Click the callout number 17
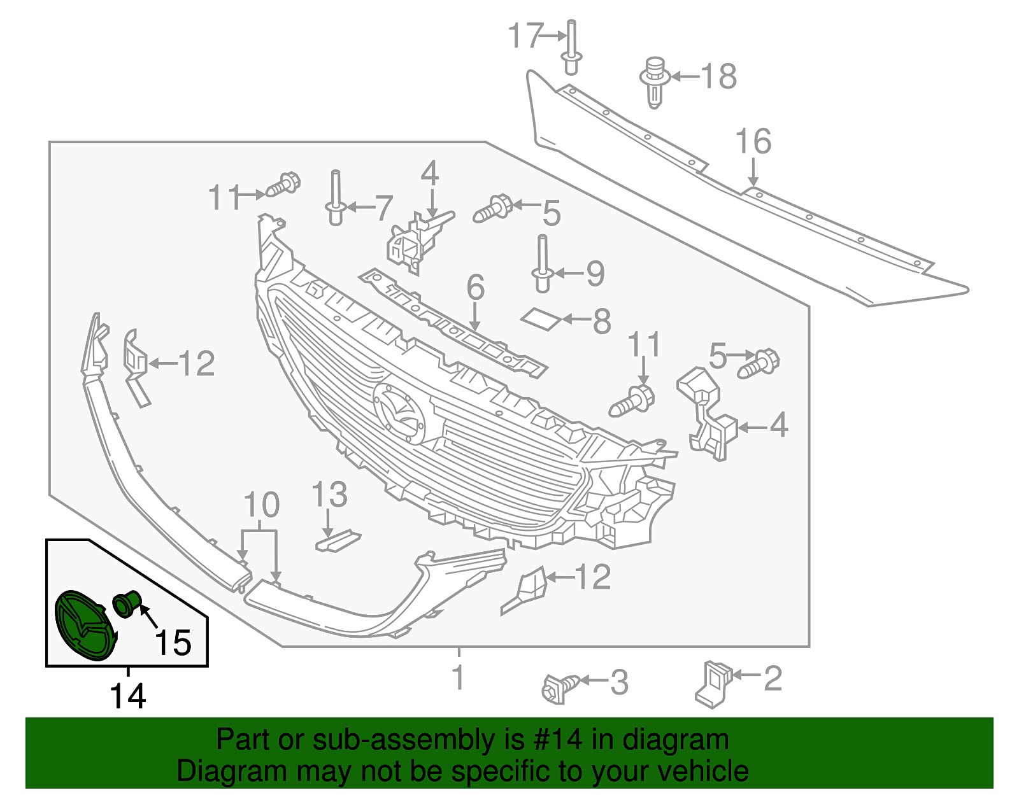tap(526, 36)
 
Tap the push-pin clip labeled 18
tap(655, 83)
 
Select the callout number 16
tap(753, 141)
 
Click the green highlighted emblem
tap(85, 626)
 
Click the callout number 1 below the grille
tap(459, 677)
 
